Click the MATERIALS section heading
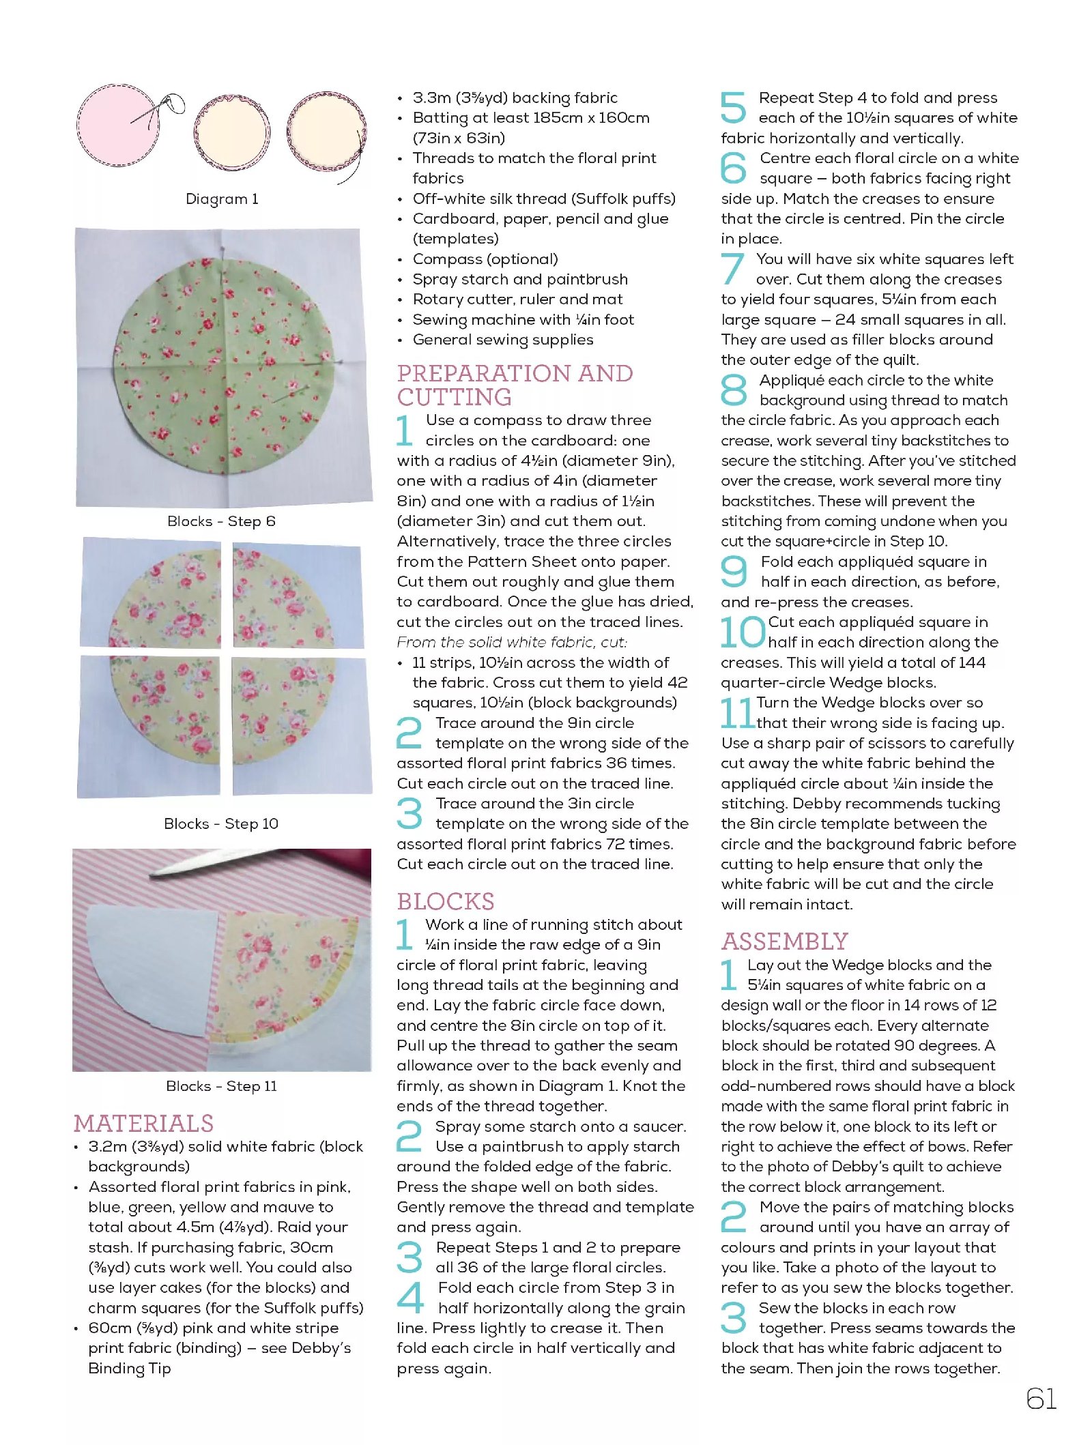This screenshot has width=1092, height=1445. pyautogui.click(x=143, y=1123)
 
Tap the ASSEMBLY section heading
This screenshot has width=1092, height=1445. pyautogui.click(x=784, y=942)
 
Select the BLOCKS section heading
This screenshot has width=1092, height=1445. pyautogui.click(x=446, y=901)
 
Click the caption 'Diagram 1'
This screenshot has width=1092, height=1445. pyautogui.click(x=222, y=199)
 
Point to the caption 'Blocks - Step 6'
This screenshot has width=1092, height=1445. pyautogui.click(x=221, y=521)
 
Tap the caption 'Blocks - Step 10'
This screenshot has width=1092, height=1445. pyautogui.click(x=221, y=823)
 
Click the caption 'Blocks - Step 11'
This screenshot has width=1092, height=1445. pyautogui.click(x=221, y=1085)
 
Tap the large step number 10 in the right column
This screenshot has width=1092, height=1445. pyautogui.click(x=743, y=632)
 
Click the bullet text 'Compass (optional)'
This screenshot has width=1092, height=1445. pyautogui.click(x=485, y=259)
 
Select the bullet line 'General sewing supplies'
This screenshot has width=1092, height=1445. pyautogui.click(x=502, y=340)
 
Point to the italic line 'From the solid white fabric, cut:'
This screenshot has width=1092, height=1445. pyautogui.click(x=512, y=642)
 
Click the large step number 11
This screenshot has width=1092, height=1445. pyautogui.click(x=737, y=712)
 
